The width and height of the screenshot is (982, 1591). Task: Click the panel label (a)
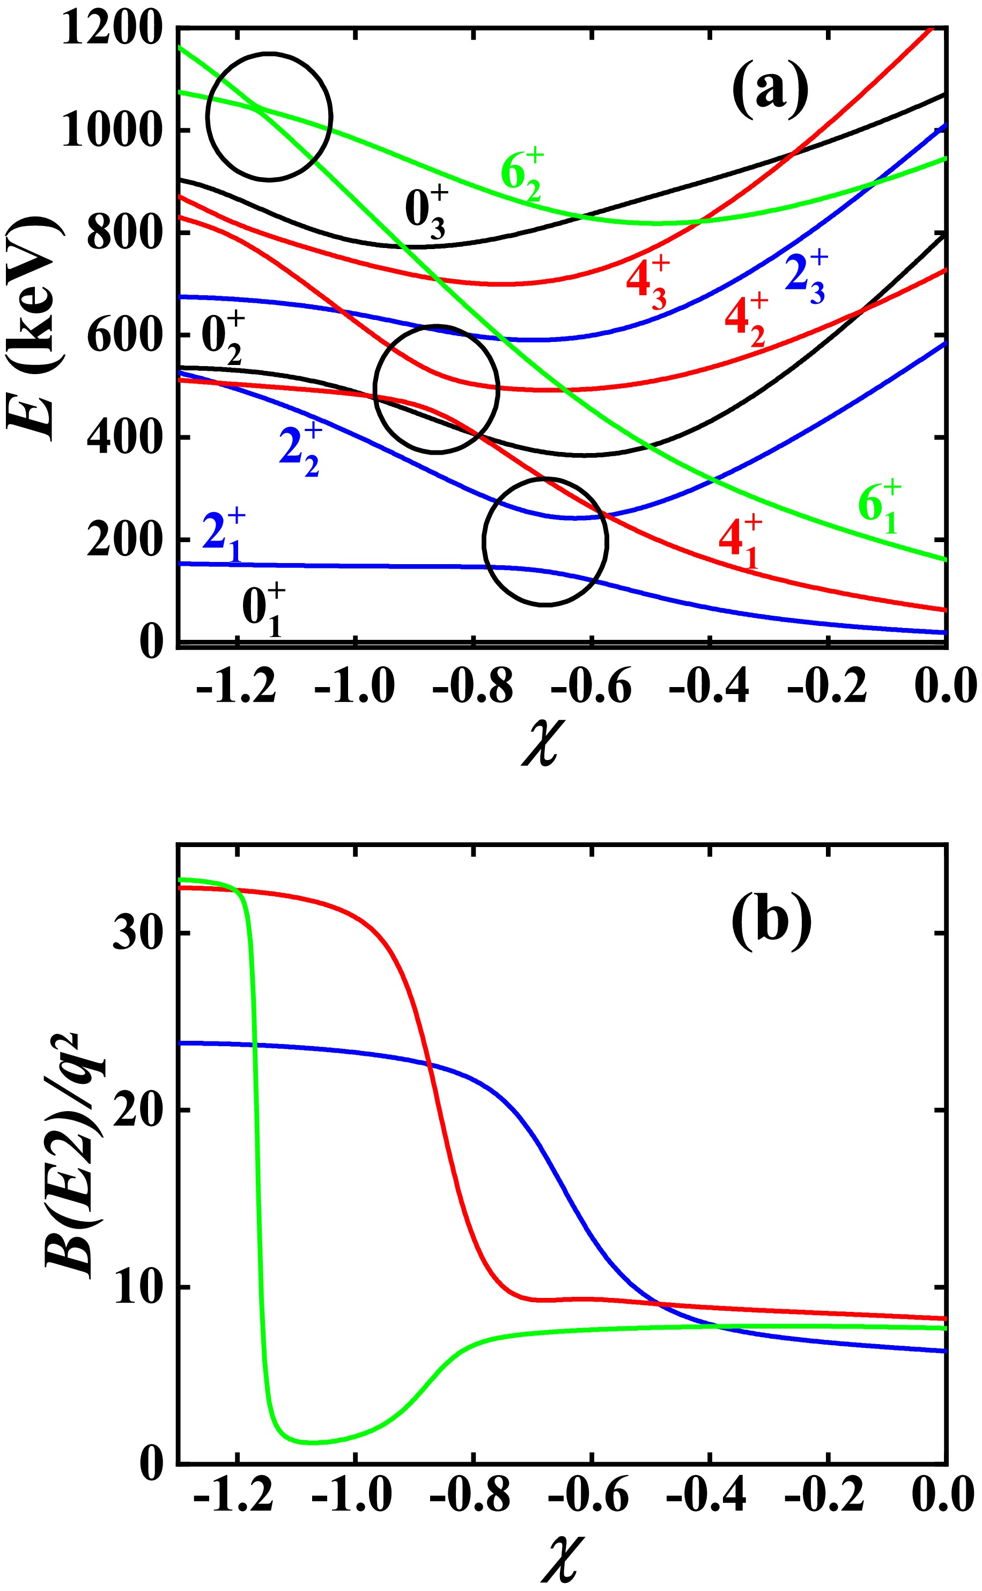[770, 91]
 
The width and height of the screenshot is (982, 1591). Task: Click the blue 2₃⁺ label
[806, 278]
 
